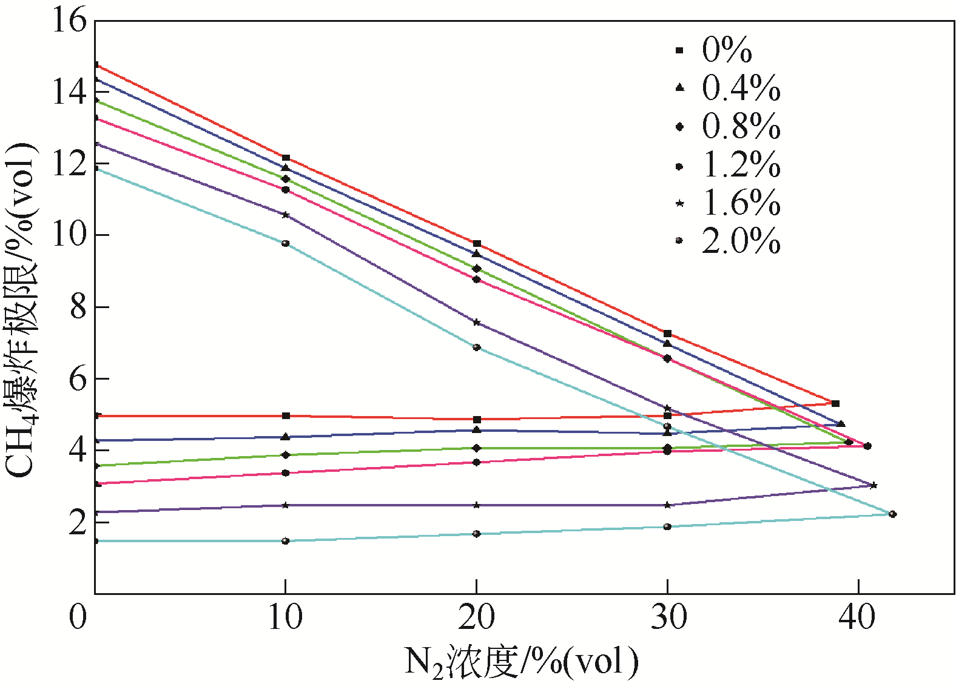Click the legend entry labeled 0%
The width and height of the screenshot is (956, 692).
click(x=726, y=50)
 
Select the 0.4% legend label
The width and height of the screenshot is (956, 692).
click(x=741, y=88)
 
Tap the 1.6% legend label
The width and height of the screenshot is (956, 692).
click(x=741, y=203)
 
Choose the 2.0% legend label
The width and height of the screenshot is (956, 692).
click(x=741, y=241)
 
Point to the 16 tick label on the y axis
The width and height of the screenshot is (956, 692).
click(x=69, y=21)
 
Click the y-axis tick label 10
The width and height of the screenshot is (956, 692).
click(x=69, y=235)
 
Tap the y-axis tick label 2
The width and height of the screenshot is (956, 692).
click(x=78, y=522)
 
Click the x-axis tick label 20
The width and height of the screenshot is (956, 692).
click(x=476, y=617)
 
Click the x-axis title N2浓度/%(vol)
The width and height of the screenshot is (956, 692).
click(x=521, y=662)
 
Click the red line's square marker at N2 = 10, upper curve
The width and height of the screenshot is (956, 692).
click(x=286, y=158)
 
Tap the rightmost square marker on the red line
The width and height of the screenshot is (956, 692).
click(x=835, y=403)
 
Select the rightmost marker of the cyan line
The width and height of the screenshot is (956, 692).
click(x=892, y=514)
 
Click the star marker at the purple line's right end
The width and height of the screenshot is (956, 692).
click(x=874, y=485)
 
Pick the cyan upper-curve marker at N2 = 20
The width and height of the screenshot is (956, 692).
click(x=477, y=348)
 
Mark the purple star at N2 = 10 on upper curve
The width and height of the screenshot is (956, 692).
click(x=286, y=215)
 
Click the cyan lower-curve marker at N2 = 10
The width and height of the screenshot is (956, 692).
click(x=286, y=540)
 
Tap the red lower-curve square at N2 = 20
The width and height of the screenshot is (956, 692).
click(x=477, y=420)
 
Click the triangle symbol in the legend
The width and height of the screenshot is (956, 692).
click(x=679, y=88)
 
